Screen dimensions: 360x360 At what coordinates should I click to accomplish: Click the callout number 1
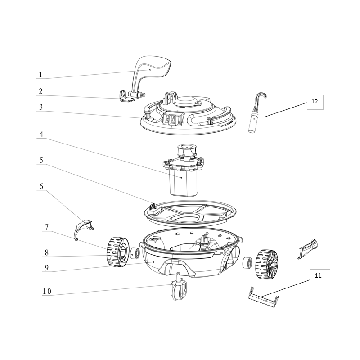click(x=40, y=75)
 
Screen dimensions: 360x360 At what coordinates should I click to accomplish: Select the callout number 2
click(x=40, y=91)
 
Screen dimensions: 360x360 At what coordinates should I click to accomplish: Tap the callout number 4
click(x=40, y=135)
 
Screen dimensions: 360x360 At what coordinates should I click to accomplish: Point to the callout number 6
click(x=41, y=186)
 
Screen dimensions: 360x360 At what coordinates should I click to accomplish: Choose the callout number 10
click(x=47, y=291)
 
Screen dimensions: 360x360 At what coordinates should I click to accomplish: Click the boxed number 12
click(x=315, y=102)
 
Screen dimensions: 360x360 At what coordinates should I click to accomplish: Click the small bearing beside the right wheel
click(x=247, y=262)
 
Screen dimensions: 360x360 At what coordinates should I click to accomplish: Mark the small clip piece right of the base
click(x=307, y=249)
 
